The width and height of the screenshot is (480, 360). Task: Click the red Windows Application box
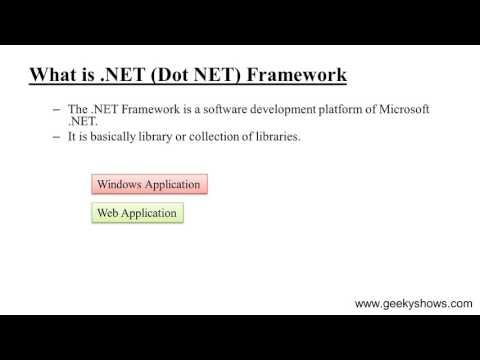149,184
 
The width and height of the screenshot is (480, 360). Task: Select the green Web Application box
137,213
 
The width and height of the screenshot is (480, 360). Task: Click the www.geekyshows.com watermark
414,304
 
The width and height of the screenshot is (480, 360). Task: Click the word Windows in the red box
119,184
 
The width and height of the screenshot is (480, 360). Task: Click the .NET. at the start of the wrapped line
81,121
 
